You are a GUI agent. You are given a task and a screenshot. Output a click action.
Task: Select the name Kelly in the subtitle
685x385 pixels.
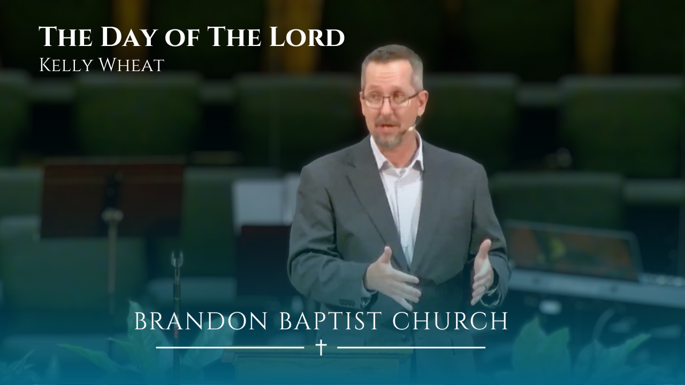point(66,65)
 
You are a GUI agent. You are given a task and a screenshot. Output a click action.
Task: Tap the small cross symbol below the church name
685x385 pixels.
point(321,348)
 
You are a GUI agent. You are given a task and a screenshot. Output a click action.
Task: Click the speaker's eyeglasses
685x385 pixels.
point(390,99)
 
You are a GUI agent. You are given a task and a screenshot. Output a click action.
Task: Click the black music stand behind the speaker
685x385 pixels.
point(112,198)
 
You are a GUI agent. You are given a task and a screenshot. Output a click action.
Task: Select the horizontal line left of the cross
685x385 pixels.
point(230,348)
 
